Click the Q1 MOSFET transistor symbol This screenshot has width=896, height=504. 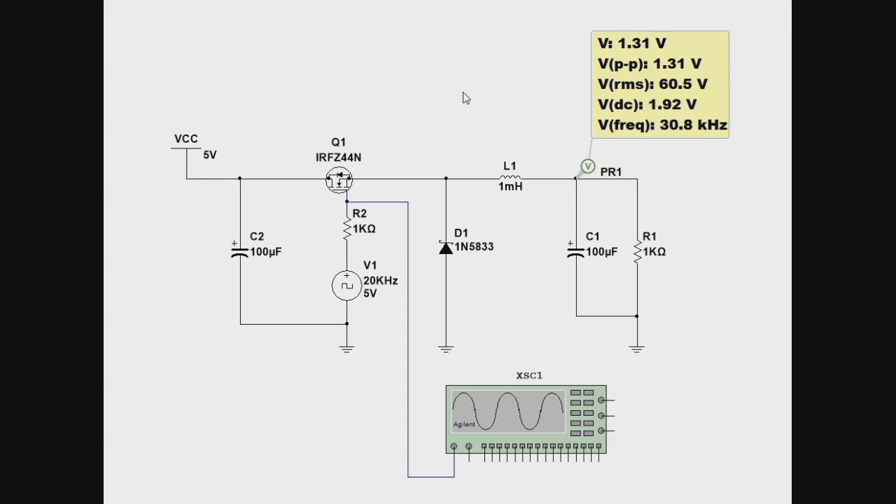[x=339, y=180]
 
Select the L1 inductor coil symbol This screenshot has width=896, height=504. [x=510, y=177]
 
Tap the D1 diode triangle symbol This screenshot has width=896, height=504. [x=446, y=248]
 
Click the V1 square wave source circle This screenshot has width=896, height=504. [x=346, y=286]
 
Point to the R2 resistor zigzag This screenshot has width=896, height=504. [x=346, y=229]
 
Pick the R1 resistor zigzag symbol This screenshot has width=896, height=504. [x=637, y=252]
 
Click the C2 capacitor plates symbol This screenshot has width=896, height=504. [x=240, y=251]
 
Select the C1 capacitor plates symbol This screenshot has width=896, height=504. [x=576, y=251]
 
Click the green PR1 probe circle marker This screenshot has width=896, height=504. [x=587, y=166]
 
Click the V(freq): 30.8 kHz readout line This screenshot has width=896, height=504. [x=662, y=125]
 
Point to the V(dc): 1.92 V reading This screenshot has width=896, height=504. [x=647, y=104]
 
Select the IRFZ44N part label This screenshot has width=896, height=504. [x=338, y=157]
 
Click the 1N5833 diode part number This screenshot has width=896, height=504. [x=474, y=247]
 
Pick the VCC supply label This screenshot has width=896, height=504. [x=186, y=139]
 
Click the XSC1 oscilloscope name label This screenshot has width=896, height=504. [x=529, y=376]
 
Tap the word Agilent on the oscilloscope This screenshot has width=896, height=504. [x=464, y=424]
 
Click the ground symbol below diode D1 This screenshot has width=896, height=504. [x=446, y=349]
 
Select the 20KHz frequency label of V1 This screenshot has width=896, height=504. [x=380, y=281]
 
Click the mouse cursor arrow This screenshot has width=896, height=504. [x=466, y=99]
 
